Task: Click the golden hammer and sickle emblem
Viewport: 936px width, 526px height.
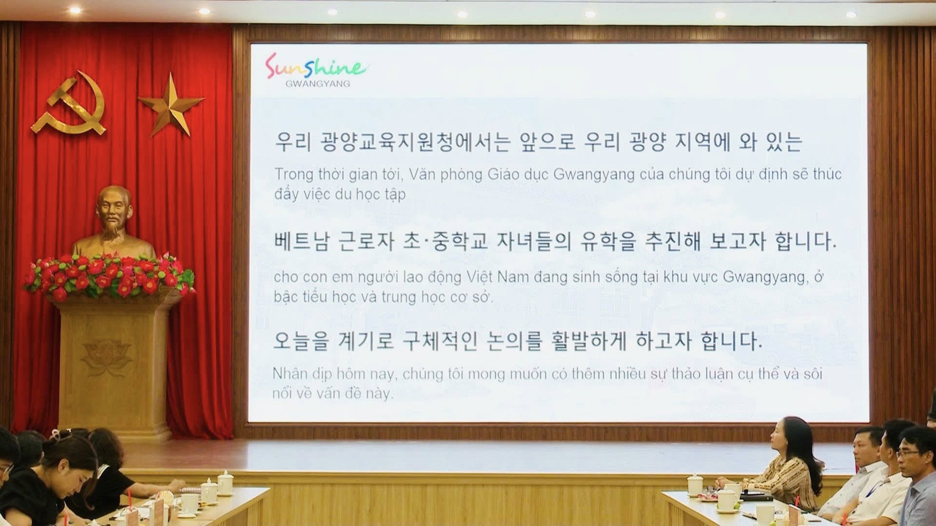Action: tap(68, 105)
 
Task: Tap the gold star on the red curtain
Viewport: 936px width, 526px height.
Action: tap(171, 104)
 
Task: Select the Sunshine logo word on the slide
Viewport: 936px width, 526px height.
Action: tap(316, 67)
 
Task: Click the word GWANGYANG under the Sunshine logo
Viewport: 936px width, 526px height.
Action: tap(318, 84)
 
